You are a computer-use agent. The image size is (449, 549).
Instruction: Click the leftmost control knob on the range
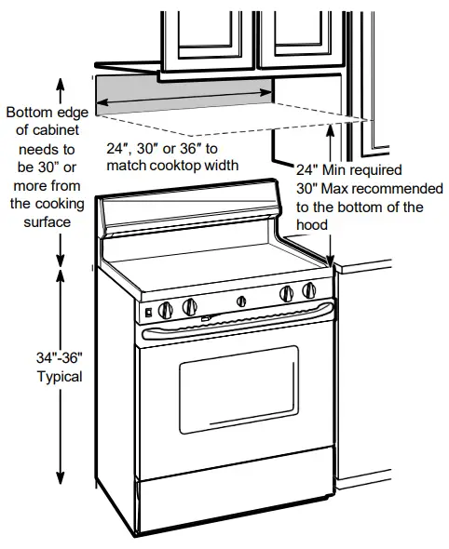tap(167, 308)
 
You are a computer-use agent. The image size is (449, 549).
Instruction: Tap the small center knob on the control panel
tap(240, 300)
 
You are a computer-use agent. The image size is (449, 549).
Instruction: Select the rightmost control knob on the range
tap(309, 291)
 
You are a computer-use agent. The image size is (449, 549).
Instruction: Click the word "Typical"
tap(60, 377)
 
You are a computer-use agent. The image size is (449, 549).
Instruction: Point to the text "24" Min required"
tap(348, 171)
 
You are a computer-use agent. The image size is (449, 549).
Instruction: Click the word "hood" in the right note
tap(313, 224)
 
